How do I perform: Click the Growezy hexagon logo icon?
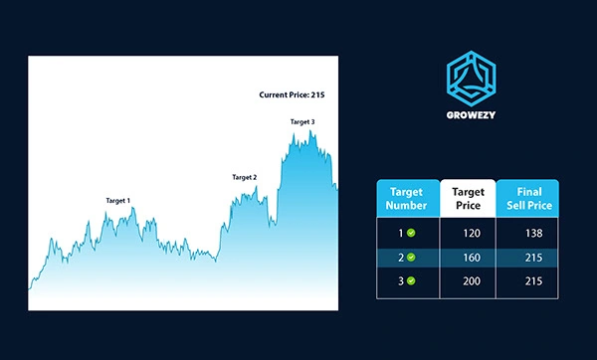(471, 79)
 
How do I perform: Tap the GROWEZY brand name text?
(471, 115)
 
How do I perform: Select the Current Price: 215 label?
(292, 94)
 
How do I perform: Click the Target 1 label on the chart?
(118, 201)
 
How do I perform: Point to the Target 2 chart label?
(245, 177)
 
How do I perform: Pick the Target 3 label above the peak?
(302, 121)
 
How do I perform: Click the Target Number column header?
(406, 199)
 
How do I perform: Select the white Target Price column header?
(468, 199)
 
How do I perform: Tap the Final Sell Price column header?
(529, 199)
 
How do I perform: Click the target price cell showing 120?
(472, 234)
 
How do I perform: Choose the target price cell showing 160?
(472, 258)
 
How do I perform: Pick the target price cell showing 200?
(472, 281)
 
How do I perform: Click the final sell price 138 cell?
(533, 234)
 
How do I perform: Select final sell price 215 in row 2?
(533, 258)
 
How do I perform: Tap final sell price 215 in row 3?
(533, 281)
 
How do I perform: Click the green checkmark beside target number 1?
(411, 233)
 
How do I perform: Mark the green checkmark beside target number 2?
(411, 258)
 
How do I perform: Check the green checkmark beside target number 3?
(411, 280)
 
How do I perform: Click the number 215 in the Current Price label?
(318, 94)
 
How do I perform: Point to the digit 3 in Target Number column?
(401, 281)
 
